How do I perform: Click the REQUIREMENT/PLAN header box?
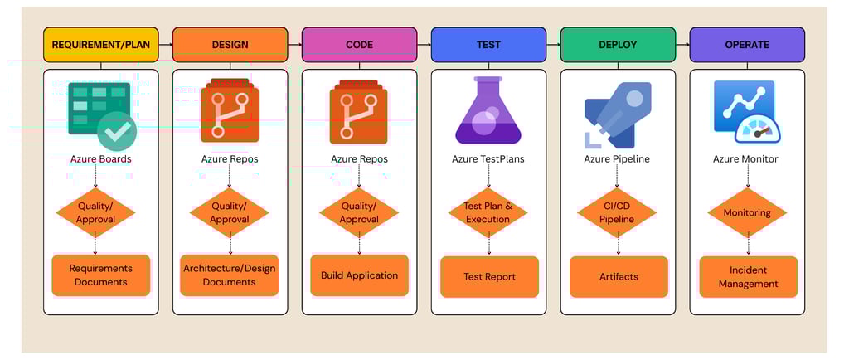[100, 45]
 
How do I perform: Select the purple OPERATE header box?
[747, 45]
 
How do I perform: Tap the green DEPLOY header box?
[618, 45]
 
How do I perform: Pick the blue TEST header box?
[488, 45]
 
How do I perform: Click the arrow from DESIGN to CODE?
[294, 45]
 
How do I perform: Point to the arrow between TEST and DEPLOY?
[553, 45]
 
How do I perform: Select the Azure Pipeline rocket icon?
[618, 115]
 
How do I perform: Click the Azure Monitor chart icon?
[747, 111]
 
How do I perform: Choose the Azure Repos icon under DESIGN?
[230, 111]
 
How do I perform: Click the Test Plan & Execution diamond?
[488, 212]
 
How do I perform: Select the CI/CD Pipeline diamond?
[617, 212]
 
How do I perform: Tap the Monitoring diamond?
[747, 212]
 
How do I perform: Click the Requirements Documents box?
[100, 275]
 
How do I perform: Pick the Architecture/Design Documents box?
[230, 275]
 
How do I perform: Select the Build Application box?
[360, 275]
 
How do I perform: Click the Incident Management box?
[749, 276]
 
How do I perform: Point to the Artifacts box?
[619, 276]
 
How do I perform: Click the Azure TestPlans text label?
[488, 159]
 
